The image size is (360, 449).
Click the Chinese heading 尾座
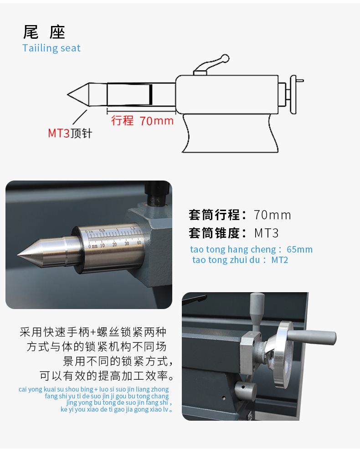pyautogui.click(x=44, y=32)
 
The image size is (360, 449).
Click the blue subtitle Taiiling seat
pyautogui.click(x=51, y=48)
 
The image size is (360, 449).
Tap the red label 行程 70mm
pyautogui.click(x=142, y=120)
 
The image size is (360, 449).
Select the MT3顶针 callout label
pyautogui.click(x=70, y=133)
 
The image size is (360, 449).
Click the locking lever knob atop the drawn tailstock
pyautogui.click(x=225, y=58)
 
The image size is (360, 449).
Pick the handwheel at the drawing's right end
pyautogui.click(x=293, y=94)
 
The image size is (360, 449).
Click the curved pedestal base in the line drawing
pyautogui.click(x=230, y=133)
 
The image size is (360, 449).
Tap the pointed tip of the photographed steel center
pyautogui.click(x=18, y=254)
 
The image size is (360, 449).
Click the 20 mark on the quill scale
pyautogui.click(x=114, y=244)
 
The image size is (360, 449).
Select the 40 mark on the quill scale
pyautogui.click(x=139, y=243)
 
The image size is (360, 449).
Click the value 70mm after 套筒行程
pyautogui.click(x=272, y=215)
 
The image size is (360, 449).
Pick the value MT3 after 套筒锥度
pyautogui.click(x=266, y=233)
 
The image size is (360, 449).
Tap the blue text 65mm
pyautogui.click(x=299, y=249)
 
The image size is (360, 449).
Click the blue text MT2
pyautogui.click(x=280, y=260)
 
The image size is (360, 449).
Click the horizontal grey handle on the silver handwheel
pyautogui.click(x=311, y=337)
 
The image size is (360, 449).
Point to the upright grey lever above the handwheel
pyautogui.click(x=257, y=311)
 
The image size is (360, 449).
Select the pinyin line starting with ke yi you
pyautogui.click(x=116, y=409)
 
